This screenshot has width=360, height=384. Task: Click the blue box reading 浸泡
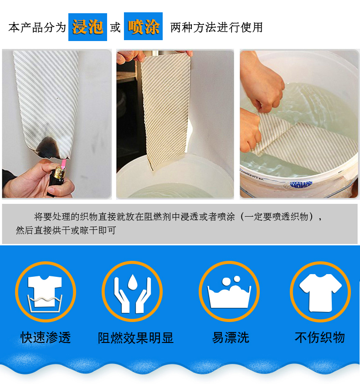pyautogui.click(x=87, y=27)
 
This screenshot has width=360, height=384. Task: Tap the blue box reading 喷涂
pyautogui.click(x=143, y=27)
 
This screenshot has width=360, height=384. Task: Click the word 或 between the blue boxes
pyautogui.click(x=115, y=27)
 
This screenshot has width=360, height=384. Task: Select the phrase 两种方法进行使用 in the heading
pyautogui.click(x=216, y=27)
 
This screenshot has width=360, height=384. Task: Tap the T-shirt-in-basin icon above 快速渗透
pyautogui.click(x=45, y=292)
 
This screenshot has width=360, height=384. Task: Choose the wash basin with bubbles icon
pyautogui.click(x=229, y=292)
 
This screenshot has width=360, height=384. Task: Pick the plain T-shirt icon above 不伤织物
pyautogui.click(x=320, y=292)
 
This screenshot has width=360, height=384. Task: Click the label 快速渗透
pyautogui.click(x=46, y=338)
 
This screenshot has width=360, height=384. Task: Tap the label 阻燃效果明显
pyautogui.click(x=136, y=338)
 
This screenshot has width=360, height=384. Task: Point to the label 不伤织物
pyautogui.click(x=320, y=338)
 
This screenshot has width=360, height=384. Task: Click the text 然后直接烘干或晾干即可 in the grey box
pyautogui.click(x=66, y=230)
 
